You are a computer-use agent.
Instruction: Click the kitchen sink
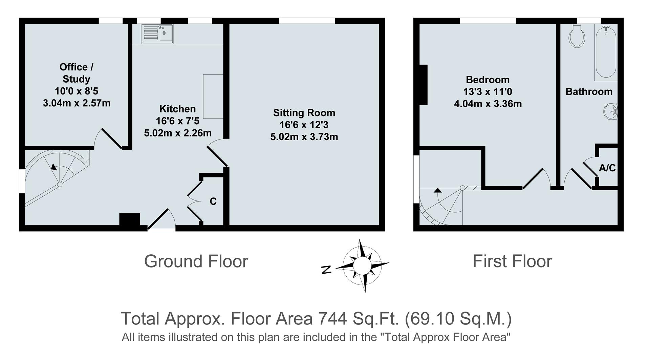pyautogui.click(x=157, y=34)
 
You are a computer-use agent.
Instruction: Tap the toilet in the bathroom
pyautogui.click(x=577, y=37)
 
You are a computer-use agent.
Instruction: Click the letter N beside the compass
pyautogui.click(x=326, y=270)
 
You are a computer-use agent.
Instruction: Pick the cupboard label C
pyautogui.click(x=213, y=202)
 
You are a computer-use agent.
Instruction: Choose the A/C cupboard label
pyautogui.click(x=607, y=168)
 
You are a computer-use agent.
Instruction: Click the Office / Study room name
pyautogui.click(x=76, y=73)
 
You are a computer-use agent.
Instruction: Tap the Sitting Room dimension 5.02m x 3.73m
pyautogui.click(x=304, y=137)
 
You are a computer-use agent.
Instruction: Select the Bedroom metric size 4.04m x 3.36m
pyautogui.click(x=487, y=104)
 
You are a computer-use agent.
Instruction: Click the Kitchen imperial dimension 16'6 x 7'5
pyautogui.click(x=177, y=121)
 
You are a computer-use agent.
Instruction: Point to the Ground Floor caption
pyautogui.click(x=196, y=261)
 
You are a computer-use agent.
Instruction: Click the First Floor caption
pyautogui.click(x=512, y=261)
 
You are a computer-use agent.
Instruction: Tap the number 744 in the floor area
pyautogui.click(x=333, y=318)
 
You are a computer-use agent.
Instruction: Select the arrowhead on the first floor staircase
pyautogui.click(x=438, y=190)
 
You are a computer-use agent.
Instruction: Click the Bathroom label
pyautogui.click(x=589, y=91)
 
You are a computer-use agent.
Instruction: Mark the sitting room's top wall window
pyautogui.click(x=307, y=21)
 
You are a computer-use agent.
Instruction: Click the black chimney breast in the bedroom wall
pyautogui.click(x=423, y=85)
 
